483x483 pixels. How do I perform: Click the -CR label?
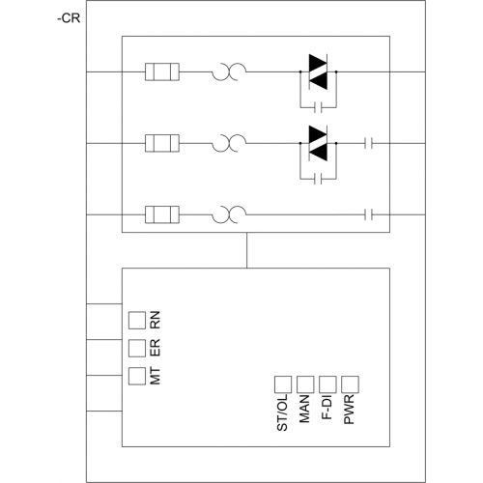pos(69,18)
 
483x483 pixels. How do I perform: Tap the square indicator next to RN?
pos(137,321)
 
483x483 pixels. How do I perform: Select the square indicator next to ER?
pos(137,348)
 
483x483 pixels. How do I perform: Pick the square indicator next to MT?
pos(137,376)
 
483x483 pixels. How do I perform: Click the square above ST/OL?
pos(283,384)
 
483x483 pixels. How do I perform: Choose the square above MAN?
pos(305,384)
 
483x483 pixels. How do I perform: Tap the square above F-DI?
pos(327,384)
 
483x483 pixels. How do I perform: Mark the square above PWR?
pos(350,384)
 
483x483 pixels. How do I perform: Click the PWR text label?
pos(349,410)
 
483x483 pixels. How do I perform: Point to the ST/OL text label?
pos(282,412)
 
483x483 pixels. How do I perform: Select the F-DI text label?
pos(327,408)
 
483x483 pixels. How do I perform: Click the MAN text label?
pos(304,409)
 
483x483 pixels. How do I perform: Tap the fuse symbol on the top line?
pos(162,71)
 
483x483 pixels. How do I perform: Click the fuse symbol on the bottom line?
pos(162,214)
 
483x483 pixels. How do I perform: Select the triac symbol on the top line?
pos(318,71)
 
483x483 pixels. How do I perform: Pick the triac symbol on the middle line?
pos(318,143)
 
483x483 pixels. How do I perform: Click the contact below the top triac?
pos(318,107)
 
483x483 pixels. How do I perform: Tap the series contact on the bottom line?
pos(369,214)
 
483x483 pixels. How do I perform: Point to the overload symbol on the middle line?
pos(229,143)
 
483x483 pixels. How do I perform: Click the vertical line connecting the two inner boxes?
pos(247,250)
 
